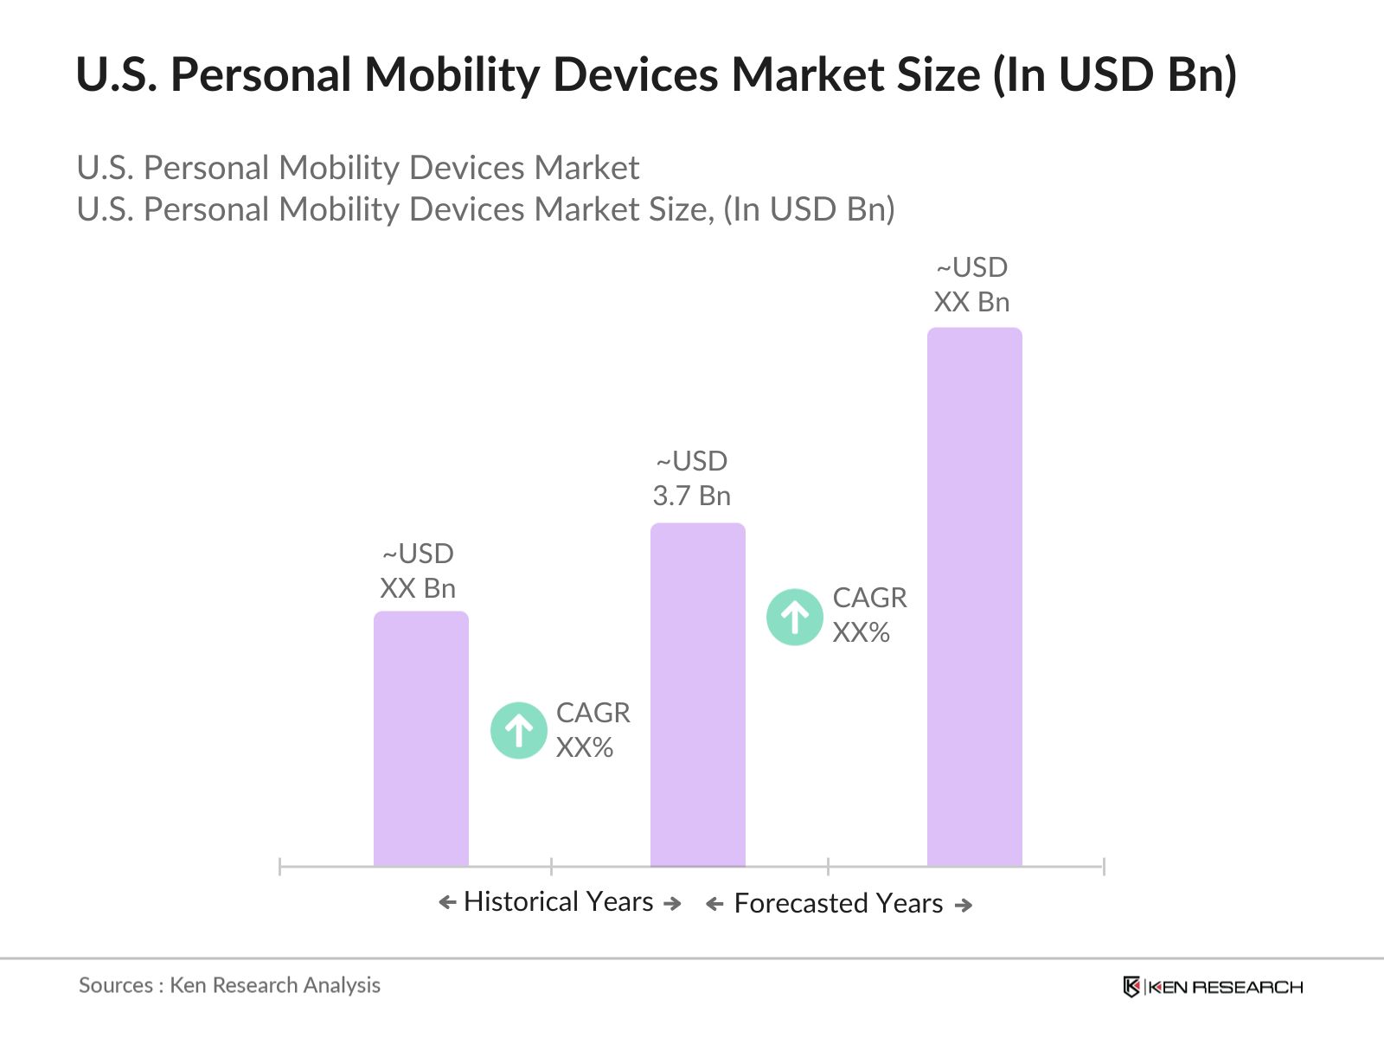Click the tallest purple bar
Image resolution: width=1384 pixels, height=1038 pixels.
974,597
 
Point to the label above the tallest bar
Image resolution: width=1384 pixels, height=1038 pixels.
971,285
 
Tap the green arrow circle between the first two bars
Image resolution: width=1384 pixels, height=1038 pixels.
518,731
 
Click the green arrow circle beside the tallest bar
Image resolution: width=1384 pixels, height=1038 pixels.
794,617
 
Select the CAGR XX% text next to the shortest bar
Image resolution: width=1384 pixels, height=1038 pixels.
593,730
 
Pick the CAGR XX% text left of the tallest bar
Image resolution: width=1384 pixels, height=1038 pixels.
868,615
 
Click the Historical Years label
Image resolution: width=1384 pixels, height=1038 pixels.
559,902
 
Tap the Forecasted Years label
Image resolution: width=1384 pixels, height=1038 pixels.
838,904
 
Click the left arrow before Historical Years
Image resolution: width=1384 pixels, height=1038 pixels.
447,903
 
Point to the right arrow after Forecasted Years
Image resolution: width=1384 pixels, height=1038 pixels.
964,906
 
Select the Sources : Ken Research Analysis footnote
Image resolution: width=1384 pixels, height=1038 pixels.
229,985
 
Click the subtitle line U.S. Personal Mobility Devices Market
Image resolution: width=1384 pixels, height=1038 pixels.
357,168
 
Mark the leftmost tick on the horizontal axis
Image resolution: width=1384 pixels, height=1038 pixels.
280,866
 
